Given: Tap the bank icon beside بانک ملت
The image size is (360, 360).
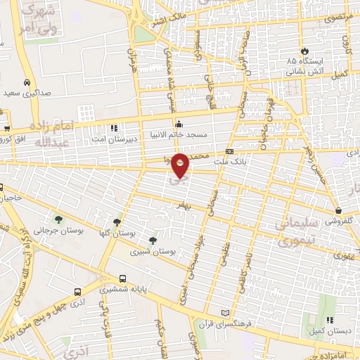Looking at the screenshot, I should (229, 152).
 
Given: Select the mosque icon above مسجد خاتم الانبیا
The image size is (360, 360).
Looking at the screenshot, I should (179, 122).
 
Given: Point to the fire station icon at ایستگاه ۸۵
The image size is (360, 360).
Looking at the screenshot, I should (304, 51).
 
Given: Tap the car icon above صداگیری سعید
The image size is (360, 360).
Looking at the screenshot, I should (27, 81).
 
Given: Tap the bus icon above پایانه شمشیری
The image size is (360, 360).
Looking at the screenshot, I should (122, 278).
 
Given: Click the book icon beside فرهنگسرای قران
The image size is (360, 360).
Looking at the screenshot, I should (225, 313).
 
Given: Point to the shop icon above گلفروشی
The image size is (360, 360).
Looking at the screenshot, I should (339, 210).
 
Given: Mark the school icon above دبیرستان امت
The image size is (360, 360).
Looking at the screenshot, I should (115, 129).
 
